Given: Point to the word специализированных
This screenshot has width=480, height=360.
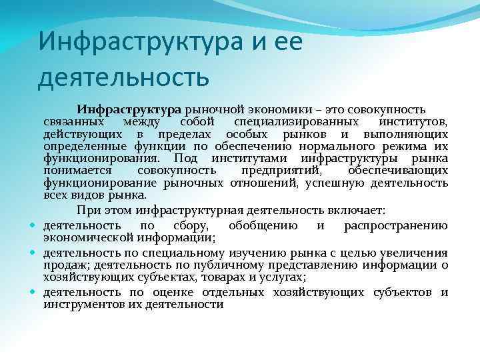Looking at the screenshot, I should click(292, 123).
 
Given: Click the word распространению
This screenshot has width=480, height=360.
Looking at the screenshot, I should click(395, 225).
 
